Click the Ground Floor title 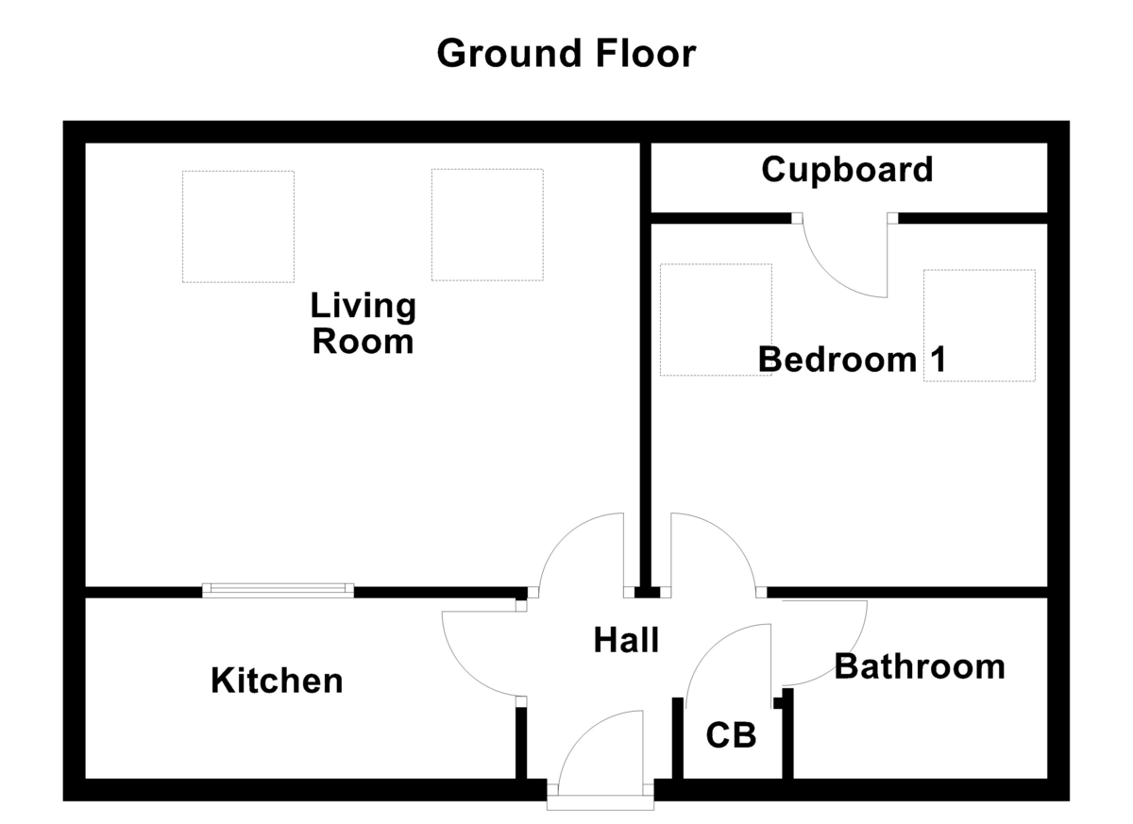point(566,54)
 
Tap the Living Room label point(364,324)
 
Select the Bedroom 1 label point(852,360)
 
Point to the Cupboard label point(847,170)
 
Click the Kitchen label point(277,680)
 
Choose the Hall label point(626,640)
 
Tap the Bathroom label point(920,666)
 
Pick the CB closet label point(732,734)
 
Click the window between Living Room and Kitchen point(279,590)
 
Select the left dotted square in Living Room point(238,227)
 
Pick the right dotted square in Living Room point(487,225)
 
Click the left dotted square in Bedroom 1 point(716,320)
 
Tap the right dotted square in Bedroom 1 point(979,326)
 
